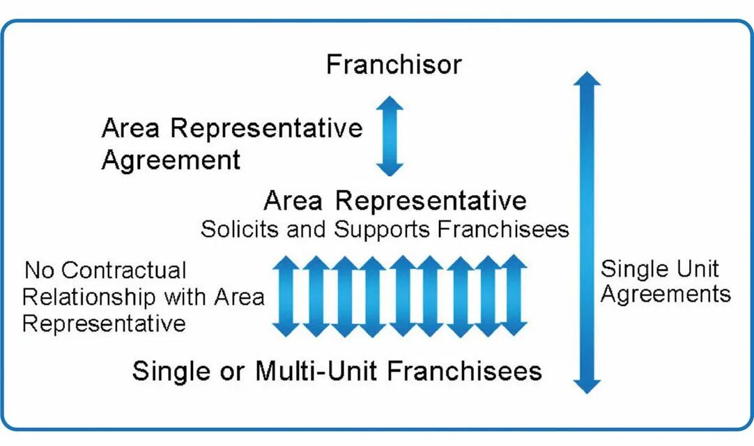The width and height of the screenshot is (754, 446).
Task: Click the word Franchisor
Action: click(394, 65)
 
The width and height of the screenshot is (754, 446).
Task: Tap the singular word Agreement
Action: click(171, 160)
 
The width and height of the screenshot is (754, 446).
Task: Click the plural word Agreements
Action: click(665, 295)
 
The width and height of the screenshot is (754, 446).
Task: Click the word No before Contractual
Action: click(38, 271)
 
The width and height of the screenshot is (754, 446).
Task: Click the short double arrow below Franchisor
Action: click(390, 136)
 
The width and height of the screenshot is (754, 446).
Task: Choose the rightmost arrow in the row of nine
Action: click(514, 296)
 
